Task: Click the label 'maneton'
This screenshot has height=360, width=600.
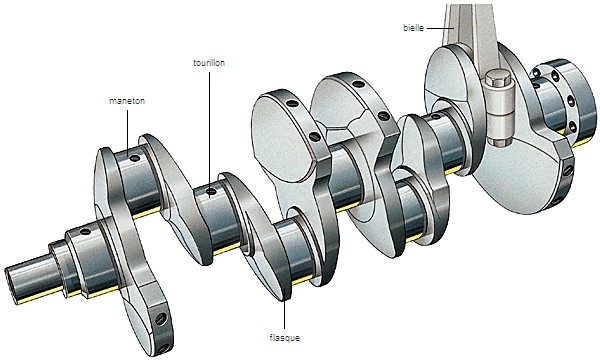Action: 127,101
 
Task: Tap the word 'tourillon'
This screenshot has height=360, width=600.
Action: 209,63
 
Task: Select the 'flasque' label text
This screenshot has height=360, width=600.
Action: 285,338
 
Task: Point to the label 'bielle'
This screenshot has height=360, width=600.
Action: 413,28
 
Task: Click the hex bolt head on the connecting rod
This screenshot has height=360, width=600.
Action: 498,78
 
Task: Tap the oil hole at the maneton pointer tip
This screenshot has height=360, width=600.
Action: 135,158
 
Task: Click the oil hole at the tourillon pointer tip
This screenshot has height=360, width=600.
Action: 211,191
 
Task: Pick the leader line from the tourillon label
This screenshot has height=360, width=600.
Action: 209,130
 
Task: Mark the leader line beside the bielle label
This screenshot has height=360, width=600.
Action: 440,28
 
